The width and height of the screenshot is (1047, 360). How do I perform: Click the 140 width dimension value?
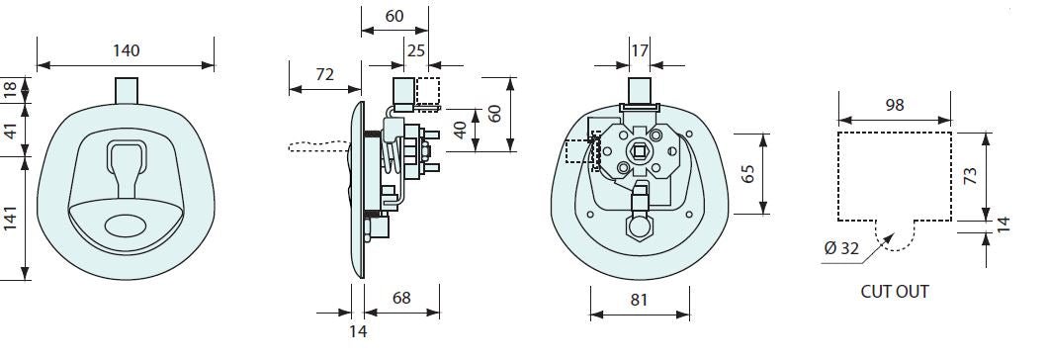[x=127, y=50]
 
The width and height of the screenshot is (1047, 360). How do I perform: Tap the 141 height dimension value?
[x=10, y=220]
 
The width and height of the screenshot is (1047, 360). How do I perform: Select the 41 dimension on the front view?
[x=10, y=131]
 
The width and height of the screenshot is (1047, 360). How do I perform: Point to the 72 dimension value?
[x=324, y=74]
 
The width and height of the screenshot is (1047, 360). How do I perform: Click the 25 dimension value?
[x=416, y=50]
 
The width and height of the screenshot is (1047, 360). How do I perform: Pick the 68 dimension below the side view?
[x=401, y=298]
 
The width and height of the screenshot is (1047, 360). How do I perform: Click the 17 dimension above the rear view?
[x=639, y=50]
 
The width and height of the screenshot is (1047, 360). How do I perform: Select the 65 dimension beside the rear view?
[x=747, y=174]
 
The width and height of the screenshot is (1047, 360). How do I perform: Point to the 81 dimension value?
[x=639, y=300]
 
